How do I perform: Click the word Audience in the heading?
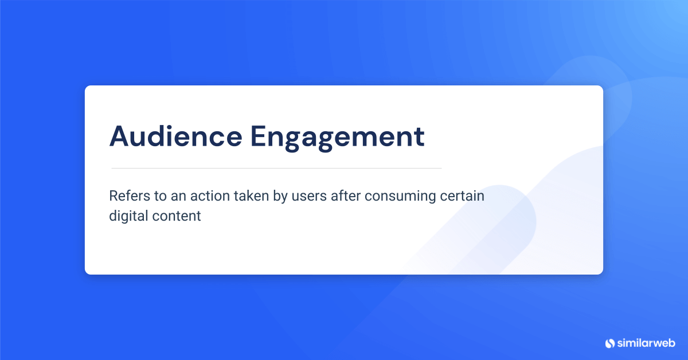(176, 136)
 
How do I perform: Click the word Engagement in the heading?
(338, 138)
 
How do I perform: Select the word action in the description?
(210, 195)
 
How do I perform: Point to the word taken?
(251, 195)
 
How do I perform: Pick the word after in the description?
(346, 195)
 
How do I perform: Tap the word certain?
(462, 195)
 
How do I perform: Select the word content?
(177, 216)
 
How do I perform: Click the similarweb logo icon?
(610, 343)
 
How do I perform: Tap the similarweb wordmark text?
(646, 343)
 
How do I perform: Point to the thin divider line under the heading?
(276, 169)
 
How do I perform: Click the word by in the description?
(280, 197)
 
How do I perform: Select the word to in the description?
(161, 196)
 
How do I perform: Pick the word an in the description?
(178, 197)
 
